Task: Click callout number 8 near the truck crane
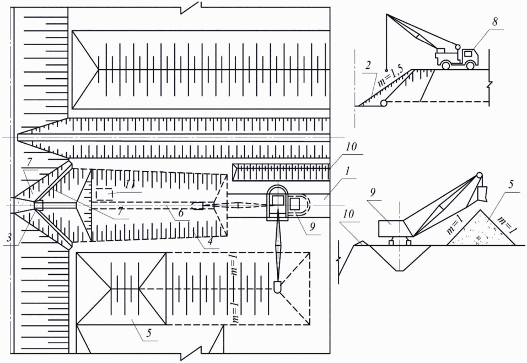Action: (494, 22)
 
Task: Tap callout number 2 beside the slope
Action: (368, 65)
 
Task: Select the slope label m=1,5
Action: (389, 77)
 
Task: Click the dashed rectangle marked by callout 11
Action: (104, 194)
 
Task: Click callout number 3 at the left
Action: (9, 237)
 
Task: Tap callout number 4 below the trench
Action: (210, 241)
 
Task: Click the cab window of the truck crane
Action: (467, 53)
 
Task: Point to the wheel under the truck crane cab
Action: (470, 65)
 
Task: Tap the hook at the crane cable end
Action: (386, 70)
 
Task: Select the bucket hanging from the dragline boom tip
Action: (483, 193)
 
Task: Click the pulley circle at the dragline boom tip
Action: (478, 176)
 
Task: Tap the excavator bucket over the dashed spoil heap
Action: (278, 287)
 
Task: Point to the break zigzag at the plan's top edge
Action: (191, 7)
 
